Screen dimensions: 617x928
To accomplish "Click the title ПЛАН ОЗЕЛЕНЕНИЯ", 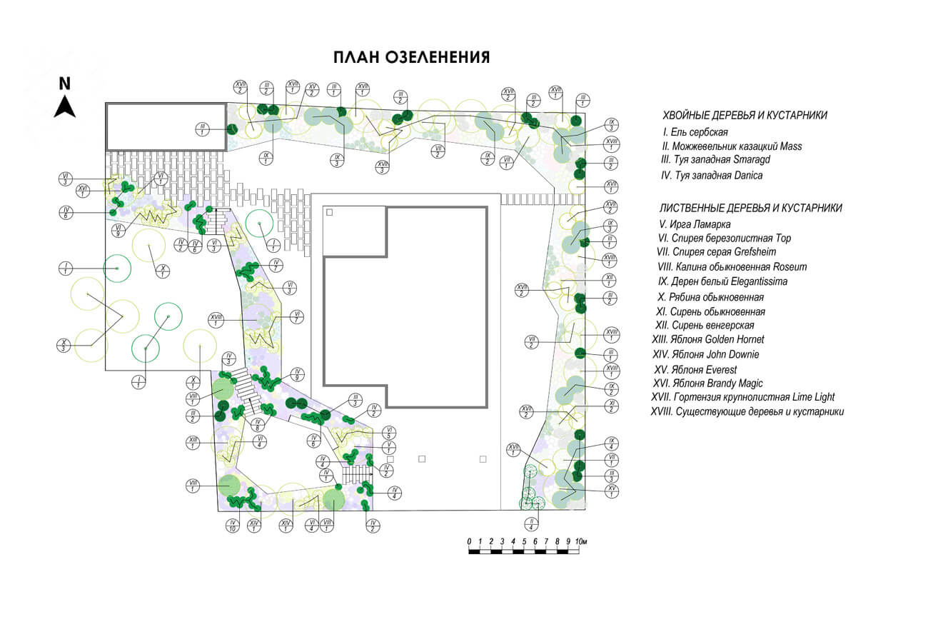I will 411,58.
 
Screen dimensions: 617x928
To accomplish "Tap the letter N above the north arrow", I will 65,83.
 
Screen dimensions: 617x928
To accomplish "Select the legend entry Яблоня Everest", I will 695,370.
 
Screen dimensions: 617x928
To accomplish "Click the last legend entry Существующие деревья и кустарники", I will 747,412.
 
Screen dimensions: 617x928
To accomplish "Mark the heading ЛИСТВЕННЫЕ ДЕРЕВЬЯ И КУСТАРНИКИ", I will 750,208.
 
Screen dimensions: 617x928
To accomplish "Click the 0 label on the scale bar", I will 469,541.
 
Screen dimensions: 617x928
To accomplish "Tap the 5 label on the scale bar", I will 524,541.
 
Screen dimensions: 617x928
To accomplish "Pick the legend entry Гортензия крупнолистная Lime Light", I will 742,397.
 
